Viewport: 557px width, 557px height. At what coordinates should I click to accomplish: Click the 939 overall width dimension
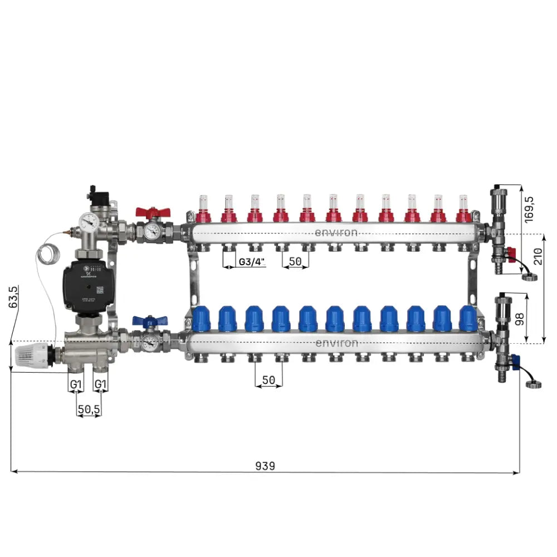pyautogui.click(x=265, y=465)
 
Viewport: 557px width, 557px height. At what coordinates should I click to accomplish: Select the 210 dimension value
pyautogui.click(x=538, y=257)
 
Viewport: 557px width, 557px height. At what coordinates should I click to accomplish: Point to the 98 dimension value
pyautogui.click(x=520, y=319)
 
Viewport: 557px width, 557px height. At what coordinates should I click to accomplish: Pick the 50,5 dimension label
pyautogui.click(x=89, y=409)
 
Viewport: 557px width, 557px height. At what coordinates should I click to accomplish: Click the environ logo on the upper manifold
pyautogui.click(x=336, y=232)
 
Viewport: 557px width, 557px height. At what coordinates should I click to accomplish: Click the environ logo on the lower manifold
pyautogui.click(x=336, y=343)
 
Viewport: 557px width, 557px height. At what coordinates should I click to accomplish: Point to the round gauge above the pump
pyautogui.click(x=88, y=222)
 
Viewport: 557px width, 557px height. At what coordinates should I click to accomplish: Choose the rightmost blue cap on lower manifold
pyautogui.click(x=468, y=319)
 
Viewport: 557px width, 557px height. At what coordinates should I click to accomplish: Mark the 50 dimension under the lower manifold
pyautogui.click(x=268, y=380)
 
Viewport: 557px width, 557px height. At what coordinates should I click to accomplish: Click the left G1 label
pyautogui.click(x=76, y=384)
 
